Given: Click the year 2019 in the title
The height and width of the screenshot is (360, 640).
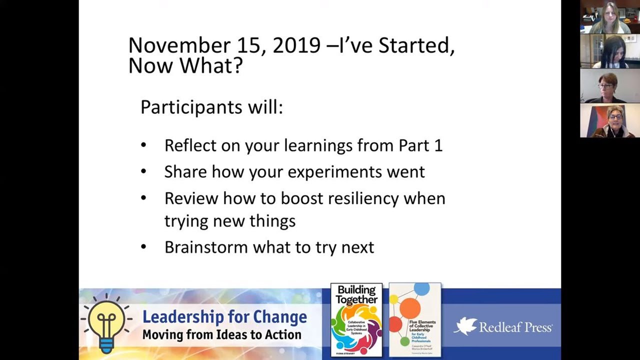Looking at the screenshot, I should click(x=296, y=45).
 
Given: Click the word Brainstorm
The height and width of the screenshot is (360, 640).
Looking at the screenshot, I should click(x=206, y=247).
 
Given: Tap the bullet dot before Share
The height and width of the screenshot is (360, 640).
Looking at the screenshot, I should click(x=144, y=171).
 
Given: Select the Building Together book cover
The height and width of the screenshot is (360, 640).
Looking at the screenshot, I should click(x=356, y=320).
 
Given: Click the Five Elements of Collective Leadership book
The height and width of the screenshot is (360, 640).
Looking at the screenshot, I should click(x=415, y=320).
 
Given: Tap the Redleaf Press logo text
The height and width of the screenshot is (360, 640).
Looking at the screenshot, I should click(x=515, y=327).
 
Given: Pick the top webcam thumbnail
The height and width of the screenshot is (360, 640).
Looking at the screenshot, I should click(x=609, y=17).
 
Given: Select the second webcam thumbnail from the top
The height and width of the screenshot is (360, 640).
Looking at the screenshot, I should click(x=609, y=51).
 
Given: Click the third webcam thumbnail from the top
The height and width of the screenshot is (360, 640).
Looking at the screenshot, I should click(x=609, y=86).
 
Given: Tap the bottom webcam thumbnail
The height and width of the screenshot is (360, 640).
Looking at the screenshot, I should click(x=609, y=120).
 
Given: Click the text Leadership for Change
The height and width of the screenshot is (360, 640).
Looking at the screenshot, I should click(x=224, y=317).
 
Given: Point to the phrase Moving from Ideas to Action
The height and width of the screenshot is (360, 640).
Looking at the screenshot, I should click(x=221, y=334).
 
